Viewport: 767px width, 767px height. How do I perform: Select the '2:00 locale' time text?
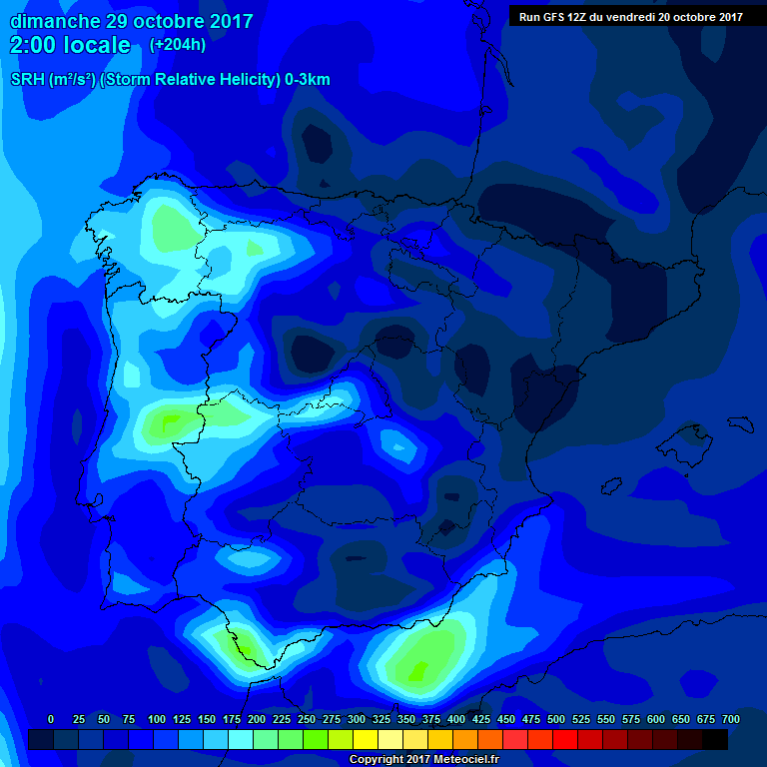click(70, 45)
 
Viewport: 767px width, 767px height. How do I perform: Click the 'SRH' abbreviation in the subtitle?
click(27, 80)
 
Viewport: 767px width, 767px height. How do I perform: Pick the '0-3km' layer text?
click(308, 80)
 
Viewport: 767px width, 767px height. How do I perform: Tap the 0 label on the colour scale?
click(51, 719)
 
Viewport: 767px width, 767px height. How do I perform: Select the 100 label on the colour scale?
click(156, 719)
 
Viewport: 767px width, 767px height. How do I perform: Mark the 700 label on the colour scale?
click(730, 719)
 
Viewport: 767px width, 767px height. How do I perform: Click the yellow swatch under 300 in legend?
click(366, 739)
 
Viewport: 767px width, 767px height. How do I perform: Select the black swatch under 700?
click(715, 739)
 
